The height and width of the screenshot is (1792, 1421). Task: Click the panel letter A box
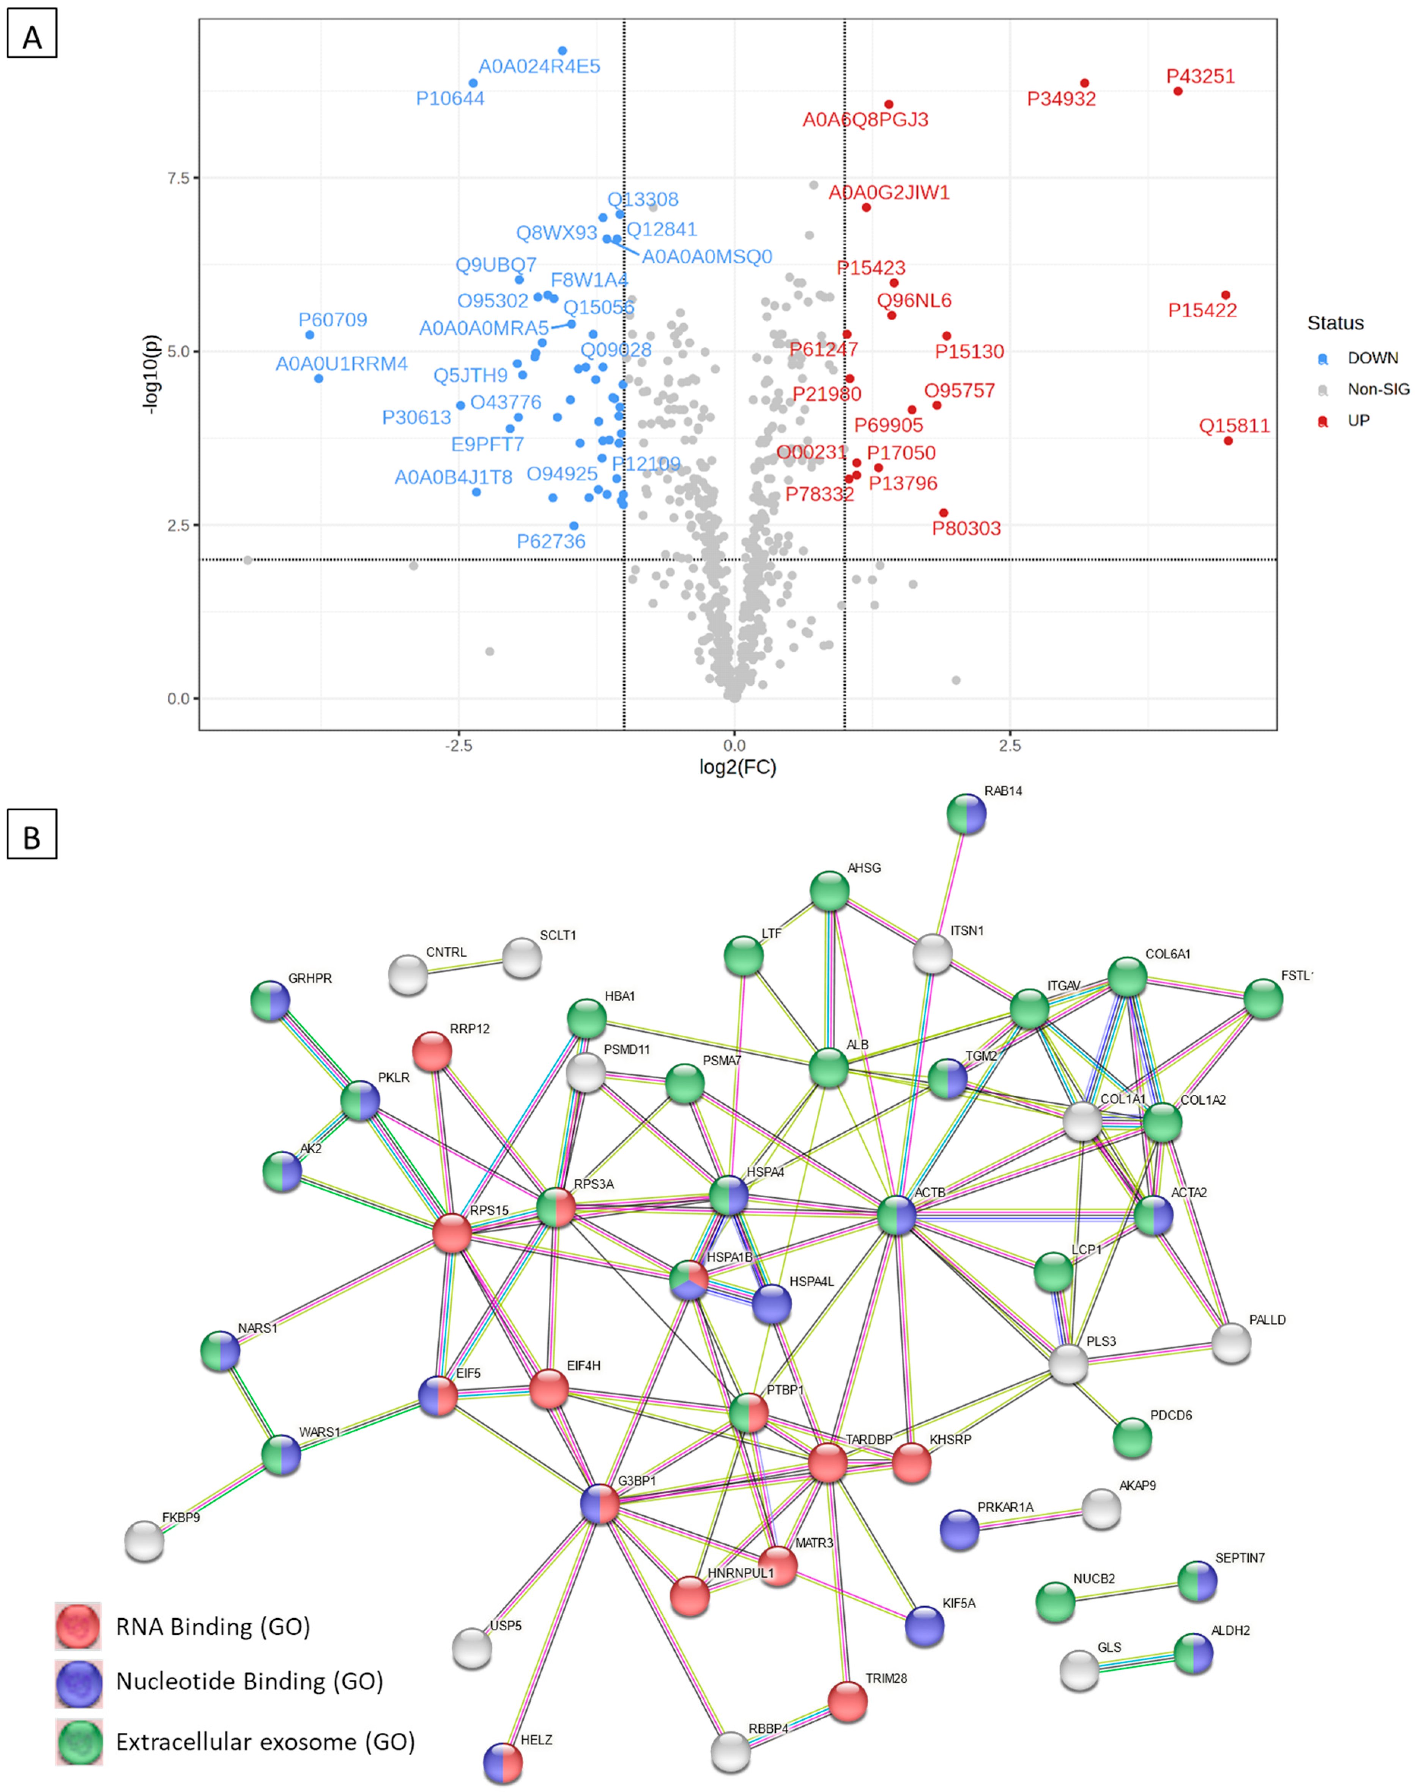[x=32, y=33]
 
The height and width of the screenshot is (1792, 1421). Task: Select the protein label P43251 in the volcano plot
[x=1200, y=76]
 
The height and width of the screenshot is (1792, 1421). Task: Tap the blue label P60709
[x=332, y=320]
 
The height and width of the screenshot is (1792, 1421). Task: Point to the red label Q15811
[x=1234, y=427]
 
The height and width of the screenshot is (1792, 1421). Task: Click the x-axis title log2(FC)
[x=737, y=767]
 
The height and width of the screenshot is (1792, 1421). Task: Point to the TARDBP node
[x=827, y=1463]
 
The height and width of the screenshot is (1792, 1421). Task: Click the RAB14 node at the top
[x=966, y=814]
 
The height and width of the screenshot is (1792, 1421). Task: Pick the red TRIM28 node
[x=847, y=1701]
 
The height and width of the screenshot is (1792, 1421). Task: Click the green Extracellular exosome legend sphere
[x=79, y=1742]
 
